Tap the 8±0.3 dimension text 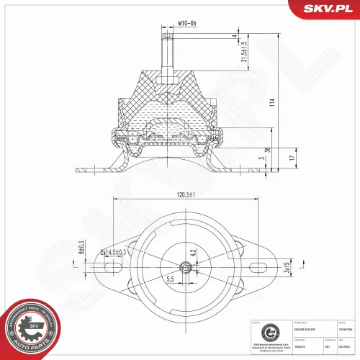point(81,251)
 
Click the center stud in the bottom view point(186,267)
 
